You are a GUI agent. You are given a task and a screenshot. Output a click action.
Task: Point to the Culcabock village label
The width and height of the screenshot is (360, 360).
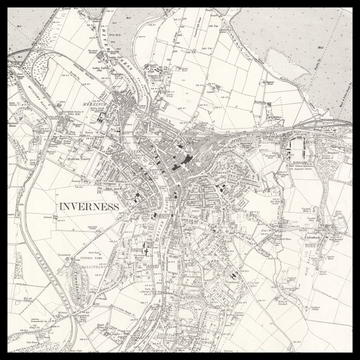coord(284,240)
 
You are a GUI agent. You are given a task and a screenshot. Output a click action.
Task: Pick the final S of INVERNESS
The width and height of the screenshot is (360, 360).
coord(117,206)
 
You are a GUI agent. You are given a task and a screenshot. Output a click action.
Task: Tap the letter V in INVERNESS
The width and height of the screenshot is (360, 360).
coord(76,206)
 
